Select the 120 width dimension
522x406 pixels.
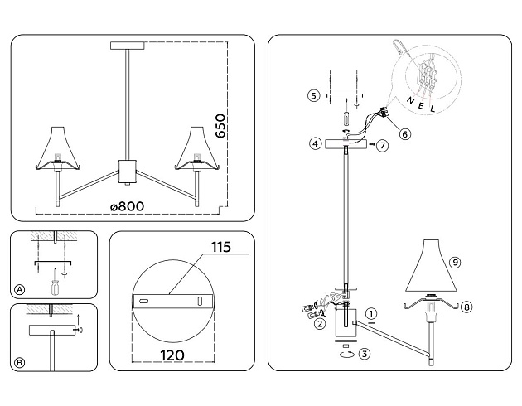tap(170, 354)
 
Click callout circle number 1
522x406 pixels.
tap(371, 314)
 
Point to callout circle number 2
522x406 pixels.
tap(319, 325)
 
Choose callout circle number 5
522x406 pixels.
tap(312, 96)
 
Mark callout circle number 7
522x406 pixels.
tap(382, 146)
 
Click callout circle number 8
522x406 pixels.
tap(466, 307)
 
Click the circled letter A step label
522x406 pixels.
tap(19, 289)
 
